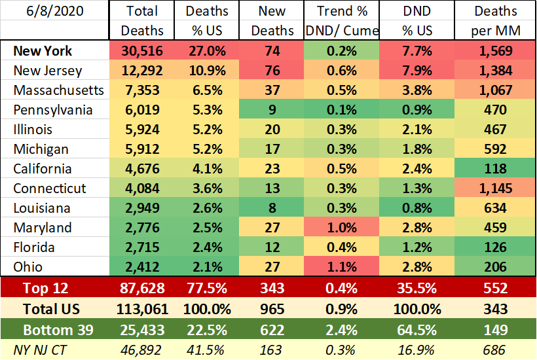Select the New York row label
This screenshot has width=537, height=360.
[x=41, y=50]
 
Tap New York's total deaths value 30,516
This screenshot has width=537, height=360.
[x=142, y=50]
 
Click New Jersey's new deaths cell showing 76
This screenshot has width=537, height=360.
[x=272, y=70]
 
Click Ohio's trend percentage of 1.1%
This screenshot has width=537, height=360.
[x=337, y=267]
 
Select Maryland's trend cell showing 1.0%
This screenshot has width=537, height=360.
[x=337, y=228]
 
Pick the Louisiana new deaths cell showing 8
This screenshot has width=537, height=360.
[x=272, y=208]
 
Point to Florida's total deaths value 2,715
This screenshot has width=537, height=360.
[x=142, y=247]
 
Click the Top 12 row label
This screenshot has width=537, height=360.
[x=45, y=288]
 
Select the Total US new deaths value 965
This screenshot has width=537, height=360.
[x=272, y=308]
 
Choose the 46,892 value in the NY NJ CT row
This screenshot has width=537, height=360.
[x=142, y=350]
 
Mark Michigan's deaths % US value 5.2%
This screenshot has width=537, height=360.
[x=207, y=149]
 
